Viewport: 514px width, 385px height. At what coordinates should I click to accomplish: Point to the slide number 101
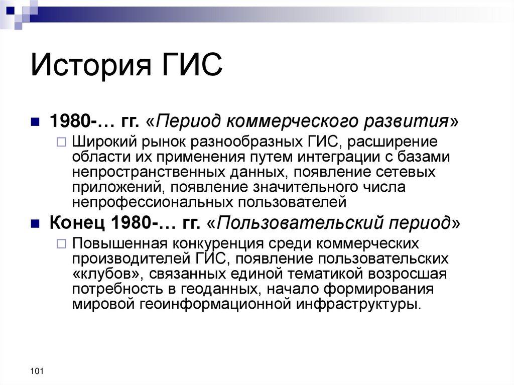tap(37, 371)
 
